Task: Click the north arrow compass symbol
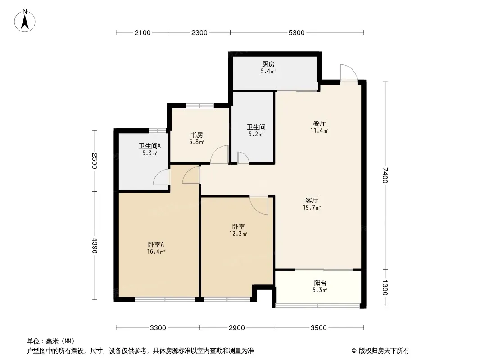(25, 21)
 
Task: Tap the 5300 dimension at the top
(296, 33)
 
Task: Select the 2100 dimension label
(143, 33)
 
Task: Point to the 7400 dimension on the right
(385, 175)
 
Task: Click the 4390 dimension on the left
(94, 245)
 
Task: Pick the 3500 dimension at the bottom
(319, 328)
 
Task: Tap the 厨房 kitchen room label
(268, 64)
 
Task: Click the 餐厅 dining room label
(319, 124)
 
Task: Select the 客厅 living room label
(312, 201)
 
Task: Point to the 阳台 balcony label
(320, 283)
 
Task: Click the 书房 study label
(196, 135)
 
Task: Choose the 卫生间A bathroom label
(149, 146)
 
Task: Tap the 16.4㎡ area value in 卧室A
(156, 252)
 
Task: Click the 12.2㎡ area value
(239, 234)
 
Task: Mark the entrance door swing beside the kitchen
(349, 73)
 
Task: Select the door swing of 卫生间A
(161, 177)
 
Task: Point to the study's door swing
(219, 154)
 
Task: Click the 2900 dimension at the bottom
(237, 328)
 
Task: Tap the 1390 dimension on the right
(385, 288)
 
